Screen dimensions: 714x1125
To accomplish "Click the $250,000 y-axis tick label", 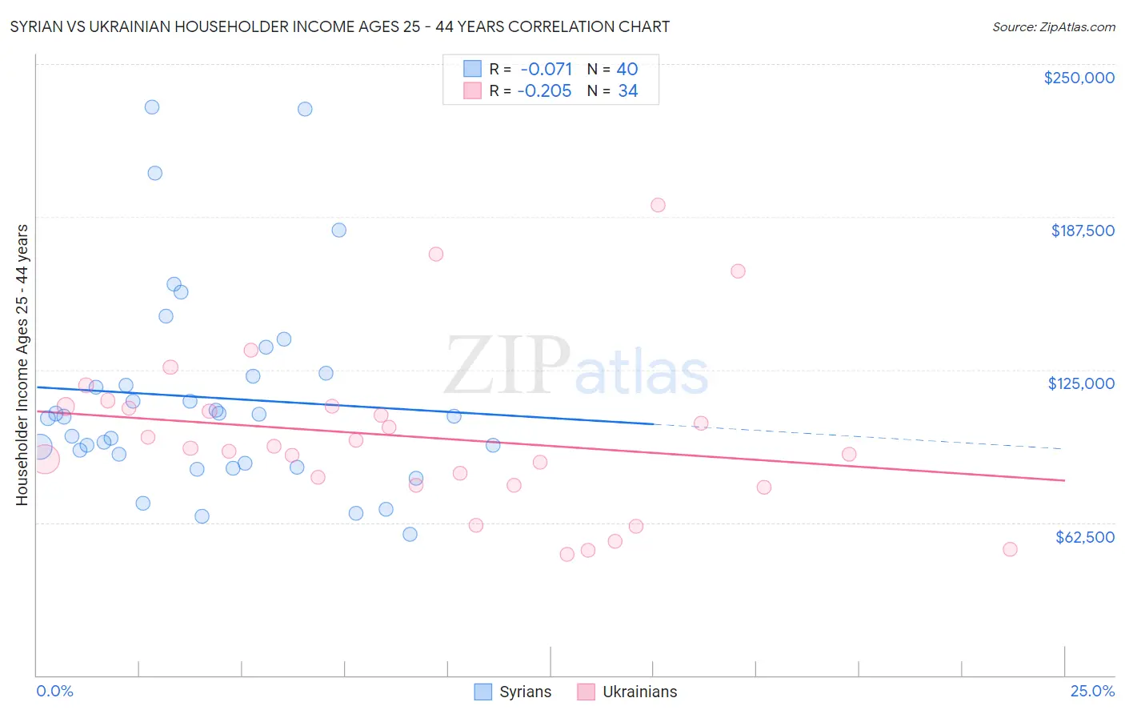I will click(1079, 78).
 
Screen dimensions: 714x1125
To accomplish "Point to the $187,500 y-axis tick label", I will click(1082, 231).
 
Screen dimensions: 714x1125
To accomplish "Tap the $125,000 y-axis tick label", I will click(1081, 383).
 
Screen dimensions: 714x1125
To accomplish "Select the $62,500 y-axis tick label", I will click(1084, 537).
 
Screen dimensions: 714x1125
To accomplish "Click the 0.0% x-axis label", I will click(54, 691).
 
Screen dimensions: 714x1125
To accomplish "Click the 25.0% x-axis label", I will click(1092, 691).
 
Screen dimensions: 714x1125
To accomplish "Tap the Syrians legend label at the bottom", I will click(525, 692).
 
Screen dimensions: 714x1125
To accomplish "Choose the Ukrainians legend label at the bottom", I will click(639, 692).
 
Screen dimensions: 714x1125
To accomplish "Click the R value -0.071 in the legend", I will click(546, 70).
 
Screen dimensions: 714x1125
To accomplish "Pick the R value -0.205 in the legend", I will click(544, 91).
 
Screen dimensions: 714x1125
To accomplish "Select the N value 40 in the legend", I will click(627, 70).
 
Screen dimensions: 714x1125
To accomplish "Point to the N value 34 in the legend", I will click(627, 91).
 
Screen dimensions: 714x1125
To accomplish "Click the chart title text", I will click(339, 26).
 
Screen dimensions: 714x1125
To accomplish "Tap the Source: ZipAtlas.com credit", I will click(1053, 26).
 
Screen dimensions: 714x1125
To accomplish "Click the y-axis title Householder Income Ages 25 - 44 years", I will click(22, 364).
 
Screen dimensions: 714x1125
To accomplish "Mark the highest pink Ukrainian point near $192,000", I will click(658, 205).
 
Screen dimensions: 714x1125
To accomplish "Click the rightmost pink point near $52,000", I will click(1010, 549).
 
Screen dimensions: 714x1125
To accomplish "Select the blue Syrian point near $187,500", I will click(338, 230).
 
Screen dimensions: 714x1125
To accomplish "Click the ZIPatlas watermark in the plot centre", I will click(576, 367).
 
